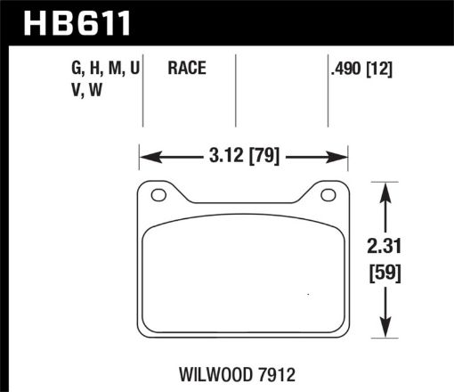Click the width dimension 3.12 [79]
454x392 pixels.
tap(242, 159)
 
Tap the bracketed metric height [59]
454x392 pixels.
tap(385, 274)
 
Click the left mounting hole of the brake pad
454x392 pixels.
tap(159, 196)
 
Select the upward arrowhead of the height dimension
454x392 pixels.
tap(385, 190)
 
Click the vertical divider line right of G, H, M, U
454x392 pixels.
tap(143, 89)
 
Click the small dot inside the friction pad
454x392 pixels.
tap(308, 295)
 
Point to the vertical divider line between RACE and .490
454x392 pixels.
tap(235, 89)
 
